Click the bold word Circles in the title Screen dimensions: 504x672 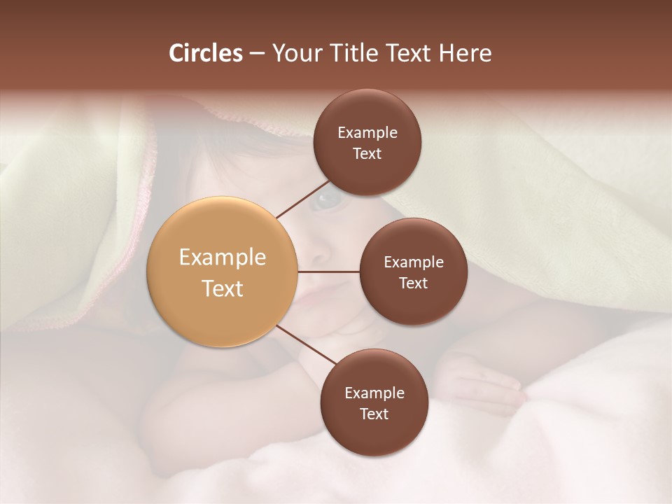[x=205, y=53]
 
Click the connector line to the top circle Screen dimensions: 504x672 [x=302, y=198]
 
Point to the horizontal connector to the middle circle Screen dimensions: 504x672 [x=329, y=272]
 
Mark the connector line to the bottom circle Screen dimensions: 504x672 [x=307, y=346]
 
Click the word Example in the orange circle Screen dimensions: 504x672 [x=223, y=258]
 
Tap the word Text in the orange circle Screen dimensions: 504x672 [x=223, y=288]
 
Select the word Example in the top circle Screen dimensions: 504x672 [x=367, y=133]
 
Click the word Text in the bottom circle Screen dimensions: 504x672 [x=374, y=414]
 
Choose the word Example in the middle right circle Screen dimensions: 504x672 [x=414, y=262]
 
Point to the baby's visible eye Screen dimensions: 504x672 [x=326, y=201]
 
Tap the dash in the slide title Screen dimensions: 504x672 [x=257, y=53]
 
